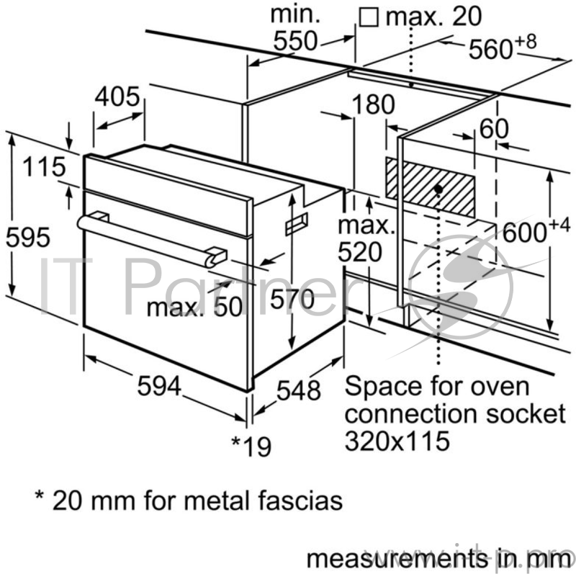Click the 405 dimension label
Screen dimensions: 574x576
tap(118, 97)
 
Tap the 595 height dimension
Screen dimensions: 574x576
tap(27, 237)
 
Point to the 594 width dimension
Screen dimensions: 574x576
tap(158, 386)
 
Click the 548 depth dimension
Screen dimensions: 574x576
tap(297, 390)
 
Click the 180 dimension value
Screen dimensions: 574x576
tap(373, 105)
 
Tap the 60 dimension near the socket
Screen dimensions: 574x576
tap(493, 129)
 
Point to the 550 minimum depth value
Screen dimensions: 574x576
tap(294, 42)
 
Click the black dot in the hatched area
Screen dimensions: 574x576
tap(438, 189)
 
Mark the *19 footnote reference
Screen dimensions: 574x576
tap(251, 447)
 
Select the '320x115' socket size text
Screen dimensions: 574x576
tap(397, 439)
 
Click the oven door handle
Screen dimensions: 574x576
tap(151, 236)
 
